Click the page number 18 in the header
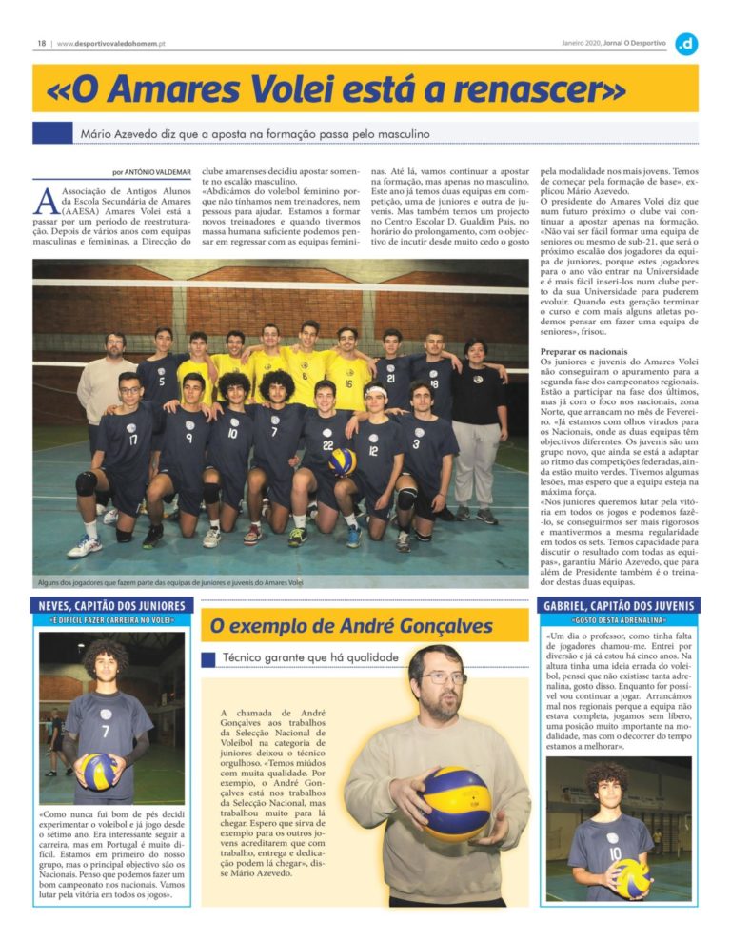42,43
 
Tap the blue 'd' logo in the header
685,43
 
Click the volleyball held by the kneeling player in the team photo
342,461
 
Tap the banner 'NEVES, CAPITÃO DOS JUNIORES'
113,606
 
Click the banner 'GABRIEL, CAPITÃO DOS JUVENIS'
619,606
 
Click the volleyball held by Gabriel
632,876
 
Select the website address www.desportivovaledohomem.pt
112,43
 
